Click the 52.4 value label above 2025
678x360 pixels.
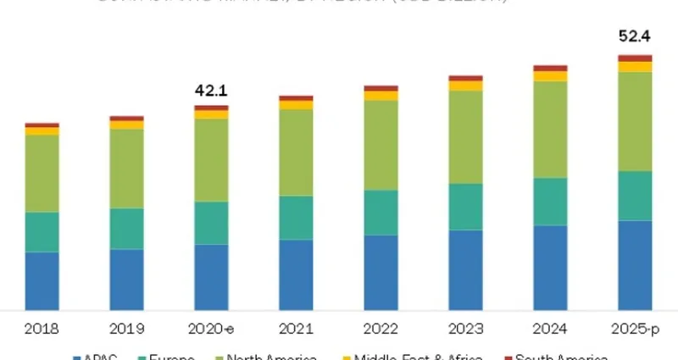[635, 36]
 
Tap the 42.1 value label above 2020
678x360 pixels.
[211, 91]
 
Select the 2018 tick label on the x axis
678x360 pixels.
[42, 329]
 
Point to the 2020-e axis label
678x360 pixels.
[211, 329]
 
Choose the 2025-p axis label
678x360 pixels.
[635, 329]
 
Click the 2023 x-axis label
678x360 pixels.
[465, 329]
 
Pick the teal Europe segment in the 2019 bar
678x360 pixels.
[126, 229]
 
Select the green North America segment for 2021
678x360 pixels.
[296, 152]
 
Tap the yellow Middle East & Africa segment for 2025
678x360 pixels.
[635, 67]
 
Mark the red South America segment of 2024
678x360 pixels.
[550, 68]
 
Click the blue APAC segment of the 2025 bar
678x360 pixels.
[635, 265]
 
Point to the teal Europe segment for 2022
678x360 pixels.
[381, 213]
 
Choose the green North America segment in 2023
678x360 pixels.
[465, 136]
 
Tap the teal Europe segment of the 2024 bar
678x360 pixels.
[550, 202]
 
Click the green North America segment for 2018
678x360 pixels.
[42, 174]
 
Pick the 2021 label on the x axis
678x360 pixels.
[296, 329]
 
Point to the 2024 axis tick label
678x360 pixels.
[550, 329]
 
